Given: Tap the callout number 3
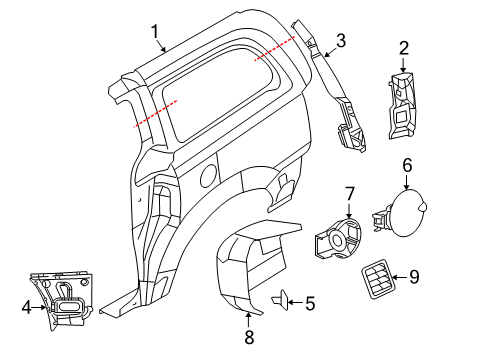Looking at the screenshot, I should pyautogui.click(x=341, y=41).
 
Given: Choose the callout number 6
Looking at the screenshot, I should pyautogui.click(x=407, y=165).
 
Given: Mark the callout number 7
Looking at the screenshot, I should pyautogui.click(x=350, y=192).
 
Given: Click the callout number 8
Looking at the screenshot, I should pyautogui.click(x=248, y=343).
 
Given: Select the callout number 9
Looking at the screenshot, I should pyautogui.click(x=414, y=278).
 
